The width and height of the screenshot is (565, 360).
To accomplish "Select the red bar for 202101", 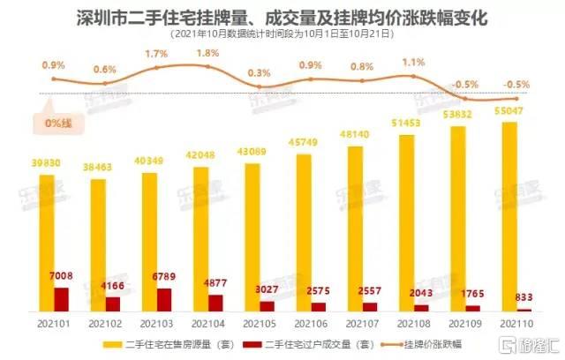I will pyautogui.click(x=61, y=300).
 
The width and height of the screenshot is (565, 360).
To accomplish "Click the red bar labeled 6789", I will pyautogui.click(x=164, y=300).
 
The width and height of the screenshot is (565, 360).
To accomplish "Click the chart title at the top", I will pyautogui.click(x=282, y=16).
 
